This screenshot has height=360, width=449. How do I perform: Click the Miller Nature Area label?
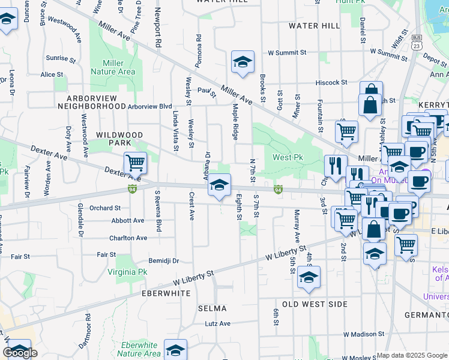[113, 67]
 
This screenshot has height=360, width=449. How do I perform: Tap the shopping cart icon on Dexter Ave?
[136, 163]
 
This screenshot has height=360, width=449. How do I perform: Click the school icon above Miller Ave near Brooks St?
[243, 62]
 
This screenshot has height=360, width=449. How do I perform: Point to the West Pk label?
[288, 158]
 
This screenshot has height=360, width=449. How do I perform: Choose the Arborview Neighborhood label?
[88, 101]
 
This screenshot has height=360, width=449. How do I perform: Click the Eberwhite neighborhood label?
[166, 293]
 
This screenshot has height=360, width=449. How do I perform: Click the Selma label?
[212, 308]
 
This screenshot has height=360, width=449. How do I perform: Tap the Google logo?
[20, 353]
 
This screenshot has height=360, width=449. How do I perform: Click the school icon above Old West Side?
[309, 277]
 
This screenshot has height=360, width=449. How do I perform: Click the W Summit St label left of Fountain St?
[287, 53]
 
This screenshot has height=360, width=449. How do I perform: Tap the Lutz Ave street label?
[217, 323]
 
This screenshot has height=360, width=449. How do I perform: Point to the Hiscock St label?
[332, 82]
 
